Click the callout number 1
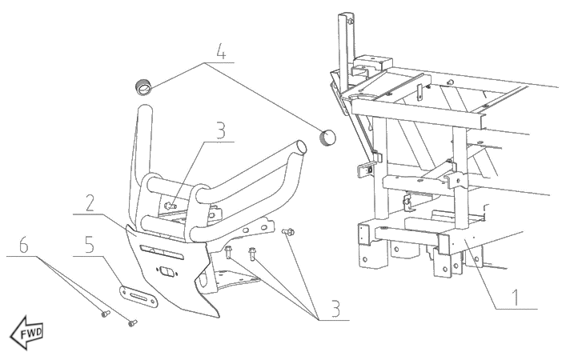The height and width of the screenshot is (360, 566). click(x=516, y=298)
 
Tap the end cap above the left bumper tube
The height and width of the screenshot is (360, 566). click(x=143, y=86)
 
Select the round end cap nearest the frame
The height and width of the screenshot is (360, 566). click(x=327, y=137)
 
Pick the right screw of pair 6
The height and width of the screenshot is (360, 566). click(x=132, y=322)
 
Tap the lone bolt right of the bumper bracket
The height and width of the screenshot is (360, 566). click(x=290, y=232)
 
